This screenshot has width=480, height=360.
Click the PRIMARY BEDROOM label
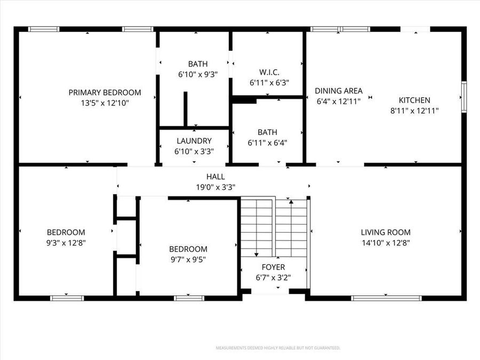pos(105,92)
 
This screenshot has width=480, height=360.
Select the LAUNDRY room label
pos(194,141)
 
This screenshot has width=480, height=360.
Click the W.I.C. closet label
pos(269,72)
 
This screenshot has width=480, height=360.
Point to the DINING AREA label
pos(338,91)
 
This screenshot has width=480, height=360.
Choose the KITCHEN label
pos(414,100)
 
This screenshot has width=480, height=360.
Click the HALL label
pos(215,177)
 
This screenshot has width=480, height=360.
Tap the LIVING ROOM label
pos(386,232)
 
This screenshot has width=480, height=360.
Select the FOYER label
pos(273,267)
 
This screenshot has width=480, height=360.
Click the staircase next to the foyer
pos(274,227)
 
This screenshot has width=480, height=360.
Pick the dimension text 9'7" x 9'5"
pos(188,260)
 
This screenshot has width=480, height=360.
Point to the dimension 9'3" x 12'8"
pos(66,243)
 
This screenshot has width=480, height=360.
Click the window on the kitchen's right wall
pos(463,97)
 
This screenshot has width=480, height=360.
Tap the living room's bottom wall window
pos(386,298)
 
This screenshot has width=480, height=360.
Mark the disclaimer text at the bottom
pos(277,348)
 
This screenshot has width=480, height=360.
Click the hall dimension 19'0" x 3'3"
pos(215,187)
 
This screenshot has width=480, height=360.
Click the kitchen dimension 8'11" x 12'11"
pos(414,110)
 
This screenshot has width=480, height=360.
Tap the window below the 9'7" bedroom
pos(189,298)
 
